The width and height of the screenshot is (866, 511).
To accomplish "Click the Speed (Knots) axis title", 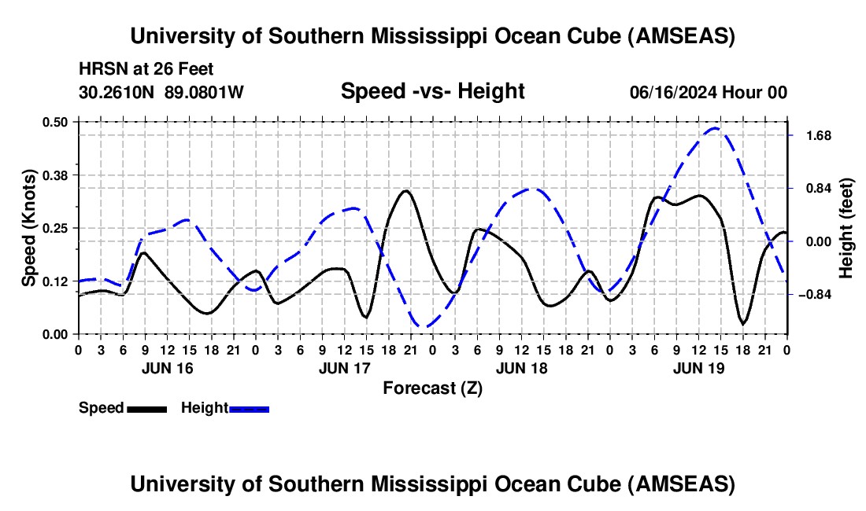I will point(28,228).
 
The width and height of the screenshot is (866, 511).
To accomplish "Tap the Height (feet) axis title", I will point(847,228).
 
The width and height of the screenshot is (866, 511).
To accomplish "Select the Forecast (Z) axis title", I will point(432,388).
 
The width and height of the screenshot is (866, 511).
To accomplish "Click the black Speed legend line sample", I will point(146,408).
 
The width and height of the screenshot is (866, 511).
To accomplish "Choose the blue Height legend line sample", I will point(250,408).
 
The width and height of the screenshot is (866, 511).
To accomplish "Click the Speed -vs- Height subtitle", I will point(432,91).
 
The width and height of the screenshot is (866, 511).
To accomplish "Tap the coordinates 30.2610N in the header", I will point(118,92).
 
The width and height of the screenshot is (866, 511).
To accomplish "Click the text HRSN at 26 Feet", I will point(146,69).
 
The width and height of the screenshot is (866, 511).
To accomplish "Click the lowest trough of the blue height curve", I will point(424,326).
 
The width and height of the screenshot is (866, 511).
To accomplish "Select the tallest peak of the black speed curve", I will point(405,190).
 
